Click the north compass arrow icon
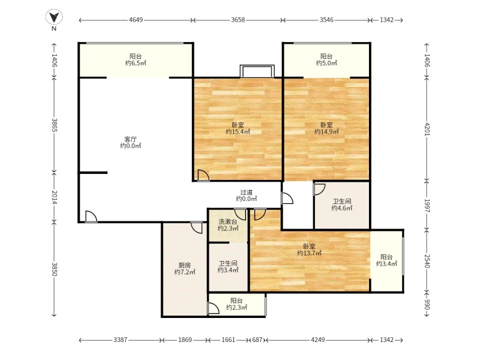pyautogui.click(x=53, y=18)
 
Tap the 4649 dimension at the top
pyautogui.click(x=136, y=20)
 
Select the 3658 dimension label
pyautogui.click(x=238, y=20)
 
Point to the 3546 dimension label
pyautogui.click(x=326, y=20)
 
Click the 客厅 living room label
pyautogui.click(x=130, y=139)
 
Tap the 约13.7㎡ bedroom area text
pyautogui.click(x=309, y=253)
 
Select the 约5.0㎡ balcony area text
pyautogui.click(x=326, y=63)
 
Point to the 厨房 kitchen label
pyautogui.click(x=184, y=265)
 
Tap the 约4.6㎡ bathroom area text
pyautogui.click(x=342, y=208)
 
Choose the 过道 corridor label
pyautogui.click(x=247, y=192)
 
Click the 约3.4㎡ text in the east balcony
pyautogui.click(x=386, y=263)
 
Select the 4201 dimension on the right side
pyautogui.click(x=427, y=130)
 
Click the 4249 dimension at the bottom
pyautogui.click(x=317, y=340)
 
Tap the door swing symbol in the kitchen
pyautogui.click(x=196, y=227)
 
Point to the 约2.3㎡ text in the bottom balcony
pyautogui.click(x=236, y=307)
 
